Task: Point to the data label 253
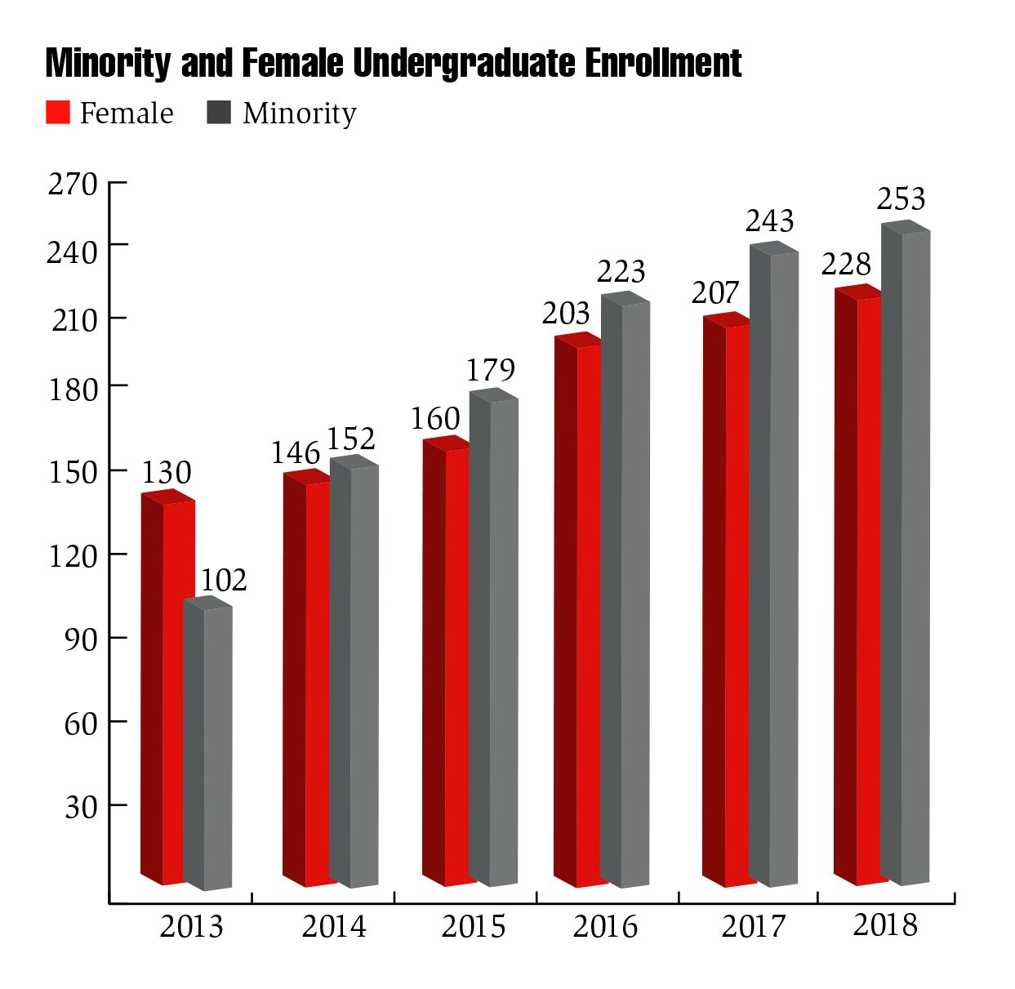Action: pyautogui.click(x=901, y=198)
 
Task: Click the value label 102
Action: pyautogui.click(x=224, y=580)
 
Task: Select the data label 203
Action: pyautogui.click(x=566, y=313)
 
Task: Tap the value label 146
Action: pyautogui.click(x=296, y=452)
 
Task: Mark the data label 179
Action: pyautogui.click(x=491, y=370)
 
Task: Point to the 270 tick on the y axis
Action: pyautogui.click(x=73, y=185)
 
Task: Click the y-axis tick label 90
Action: pyautogui.click(x=81, y=639)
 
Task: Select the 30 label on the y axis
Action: pyautogui.click(x=81, y=807)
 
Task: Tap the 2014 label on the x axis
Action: pyautogui.click(x=334, y=927)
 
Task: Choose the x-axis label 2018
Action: pyautogui.click(x=885, y=925)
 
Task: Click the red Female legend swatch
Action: pyautogui.click(x=58, y=113)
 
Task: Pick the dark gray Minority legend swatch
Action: pyautogui.click(x=220, y=113)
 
